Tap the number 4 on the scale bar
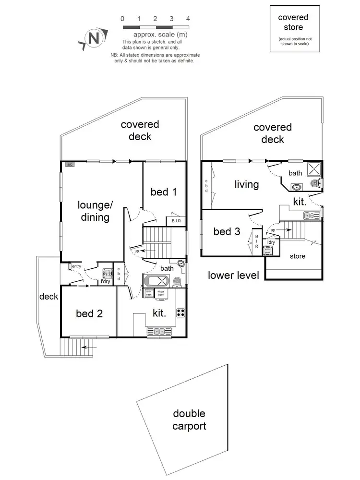[188, 19]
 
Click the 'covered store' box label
[293, 22]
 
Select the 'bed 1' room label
[163, 192]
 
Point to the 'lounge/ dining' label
[95, 211]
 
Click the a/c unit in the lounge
[70, 165]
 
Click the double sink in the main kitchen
[158, 331]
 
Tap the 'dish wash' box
[148, 293]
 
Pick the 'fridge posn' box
[161, 293]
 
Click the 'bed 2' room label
[89, 313]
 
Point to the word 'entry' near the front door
[76, 266]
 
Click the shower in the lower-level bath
[315, 168]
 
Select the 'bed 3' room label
[227, 232]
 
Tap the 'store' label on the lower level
[298, 256]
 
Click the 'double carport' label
[189, 420]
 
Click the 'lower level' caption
[233, 276]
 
